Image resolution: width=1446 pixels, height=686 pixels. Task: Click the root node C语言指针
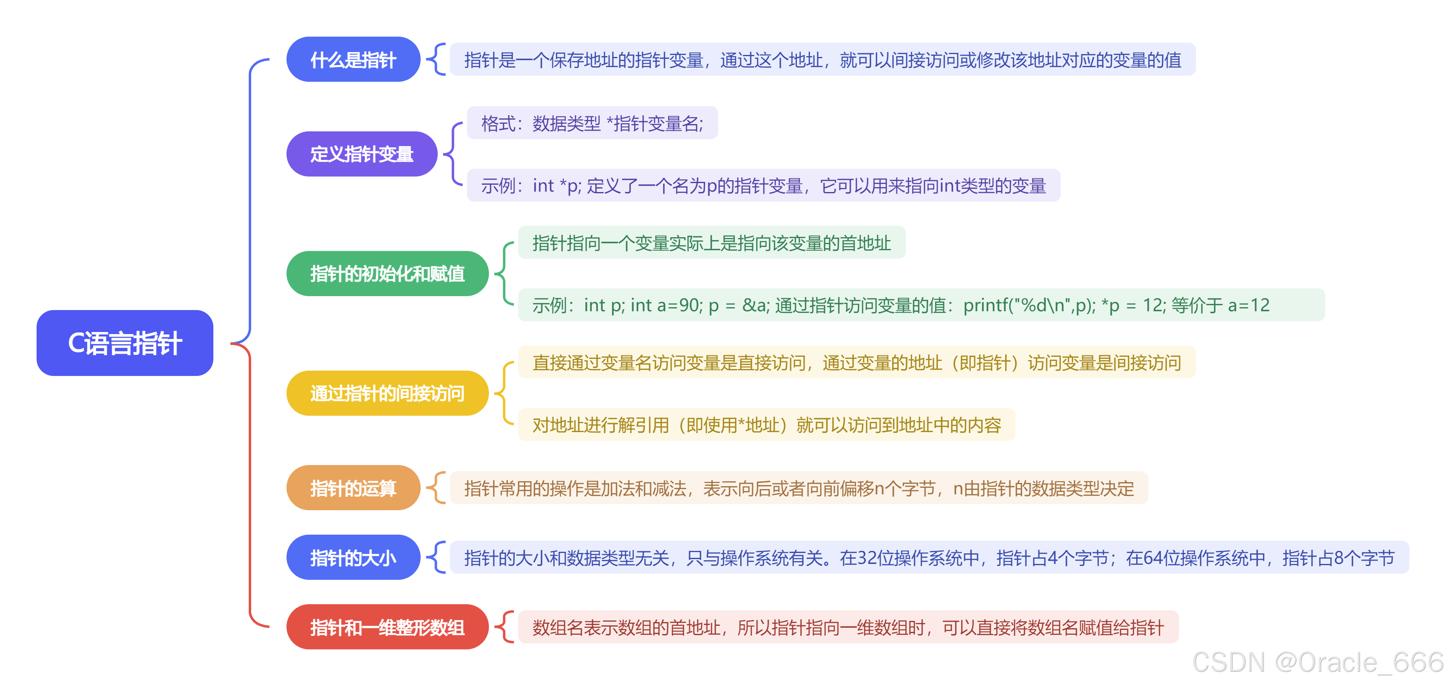pyautogui.click(x=125, y=343)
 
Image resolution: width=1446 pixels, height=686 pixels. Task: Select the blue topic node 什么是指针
pyautogui.click(x=353, y=59)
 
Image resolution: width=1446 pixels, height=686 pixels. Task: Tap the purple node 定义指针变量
pyautogui.click(x=362, y=154)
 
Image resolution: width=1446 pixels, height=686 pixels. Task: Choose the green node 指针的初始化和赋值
pyautogui.click(x=387, y=273)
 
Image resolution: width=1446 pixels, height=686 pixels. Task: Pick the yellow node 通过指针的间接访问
pyautogui.click(x=387, y=393)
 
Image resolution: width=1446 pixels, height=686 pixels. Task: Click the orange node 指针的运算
pyautogui.click(x=353, y=488)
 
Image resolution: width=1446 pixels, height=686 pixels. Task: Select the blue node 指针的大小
pyautogui.click(x=353, y=557)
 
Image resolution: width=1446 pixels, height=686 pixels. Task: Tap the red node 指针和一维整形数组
pyautogui.click(x=387, y=627)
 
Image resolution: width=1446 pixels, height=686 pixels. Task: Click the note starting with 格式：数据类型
pyautogui.click(x=592, y=123)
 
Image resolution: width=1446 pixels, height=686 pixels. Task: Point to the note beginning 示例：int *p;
pyautogui.click(x=763, y=186)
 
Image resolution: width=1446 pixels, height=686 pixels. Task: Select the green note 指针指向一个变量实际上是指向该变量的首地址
pyautogui.click(x=711, y=243)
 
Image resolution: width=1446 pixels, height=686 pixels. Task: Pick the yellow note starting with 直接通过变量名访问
pyautogui.click(x=857, y=363)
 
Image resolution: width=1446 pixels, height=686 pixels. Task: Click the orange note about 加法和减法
pyautogui.click(x=799, y=488)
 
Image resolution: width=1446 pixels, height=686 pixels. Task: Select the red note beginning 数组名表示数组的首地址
pyautogui.click(x=848, y=627)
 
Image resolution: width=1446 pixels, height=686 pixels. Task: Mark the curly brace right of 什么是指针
pyautogui.click(x=436, y=59)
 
